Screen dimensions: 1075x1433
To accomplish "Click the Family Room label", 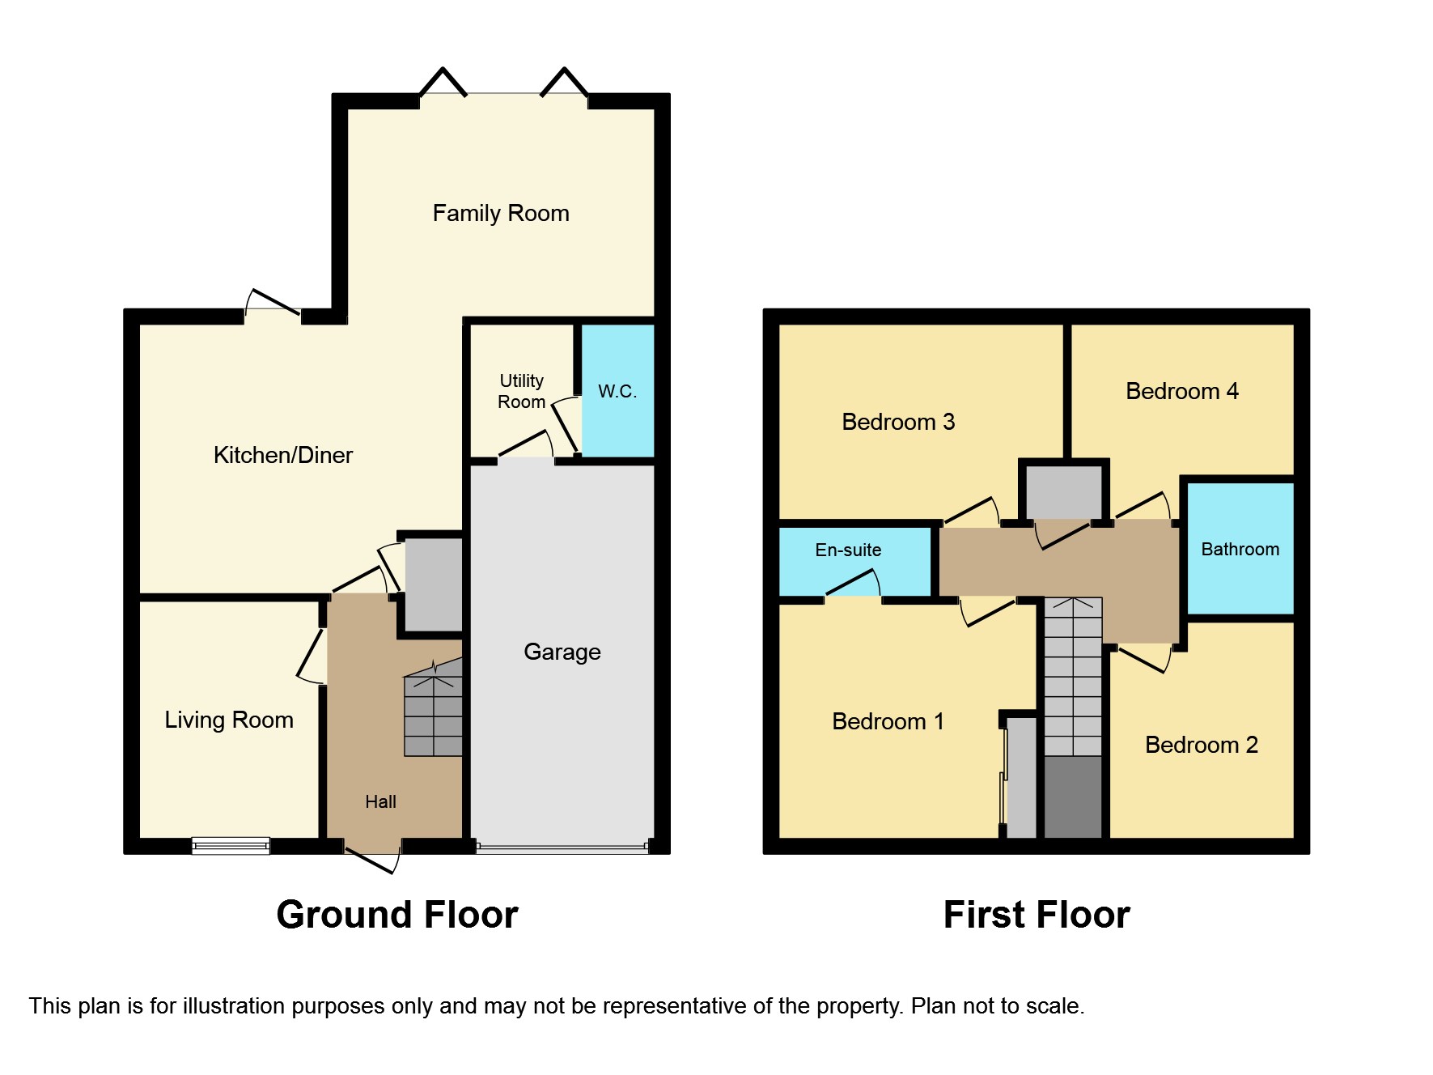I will pyautogui.click(x=501, y=214).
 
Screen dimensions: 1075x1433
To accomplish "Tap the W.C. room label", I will pyautogui.click(x=617, y=392).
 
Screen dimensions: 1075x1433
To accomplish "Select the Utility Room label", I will pyautogui.click(x=521, y=391).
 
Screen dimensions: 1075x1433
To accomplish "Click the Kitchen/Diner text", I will pyautogui.click(x=282, y=455).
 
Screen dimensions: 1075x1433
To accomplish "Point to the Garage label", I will pyautogui.click(x=562, y=652).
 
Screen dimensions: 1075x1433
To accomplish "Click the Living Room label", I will pyautogui.click(x=229, y=720).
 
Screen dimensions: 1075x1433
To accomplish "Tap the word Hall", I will pyautogui.click(x=380, y=801).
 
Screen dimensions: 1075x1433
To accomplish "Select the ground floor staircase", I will pyautogui.click(x=434, y=712).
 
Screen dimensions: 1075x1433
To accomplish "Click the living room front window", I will pyautogui.click(x=231, y=846).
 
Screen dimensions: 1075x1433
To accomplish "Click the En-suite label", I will pyautogui.click(x=848, y=550).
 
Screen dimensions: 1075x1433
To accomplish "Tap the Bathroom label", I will pyautogui.click(x=1240, y=550).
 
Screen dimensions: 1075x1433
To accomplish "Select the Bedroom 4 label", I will pyautogui.click(x=1181, y=392).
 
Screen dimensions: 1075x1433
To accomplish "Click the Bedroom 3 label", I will pyautogui.click(x=898, y=422).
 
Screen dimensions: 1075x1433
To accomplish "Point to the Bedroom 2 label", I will pyautogui.click(x=1201, y=745).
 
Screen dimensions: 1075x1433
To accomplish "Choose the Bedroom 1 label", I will pyautogui.click(x=888, y=721).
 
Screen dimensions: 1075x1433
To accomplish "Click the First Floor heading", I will pyautogui.click(x=1037, y=915).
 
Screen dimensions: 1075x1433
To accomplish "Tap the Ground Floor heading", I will pyautogui.click(x=396, y=915).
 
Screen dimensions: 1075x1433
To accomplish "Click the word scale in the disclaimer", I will pyautogui.click(x=1054, y=1006).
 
